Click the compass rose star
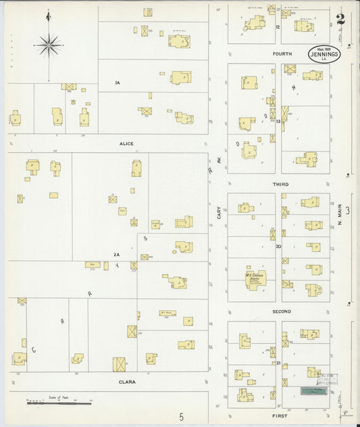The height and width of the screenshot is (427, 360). [x=49, y=45]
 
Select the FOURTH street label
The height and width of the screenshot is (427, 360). [x=281, y=53]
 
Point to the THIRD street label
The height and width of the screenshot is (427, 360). [x=280, y=184]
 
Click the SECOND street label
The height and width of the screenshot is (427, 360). [x=281, y=311]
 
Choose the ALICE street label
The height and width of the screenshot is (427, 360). [x=126, y=143]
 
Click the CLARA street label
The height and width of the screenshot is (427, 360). [x=127, y=382]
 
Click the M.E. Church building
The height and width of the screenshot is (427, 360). [x=255, y=279]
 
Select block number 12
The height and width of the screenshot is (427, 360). [x=278, y=27]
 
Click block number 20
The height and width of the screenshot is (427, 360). [x=278, y=247]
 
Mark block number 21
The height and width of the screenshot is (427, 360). [x=278, y=363]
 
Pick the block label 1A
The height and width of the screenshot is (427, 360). [x=117, y=82]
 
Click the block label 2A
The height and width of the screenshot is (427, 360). [x=116, y=254]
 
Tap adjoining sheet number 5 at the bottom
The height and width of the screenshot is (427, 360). [x=181, y=418]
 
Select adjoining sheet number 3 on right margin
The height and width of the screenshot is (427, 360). [x=348, y=211]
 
